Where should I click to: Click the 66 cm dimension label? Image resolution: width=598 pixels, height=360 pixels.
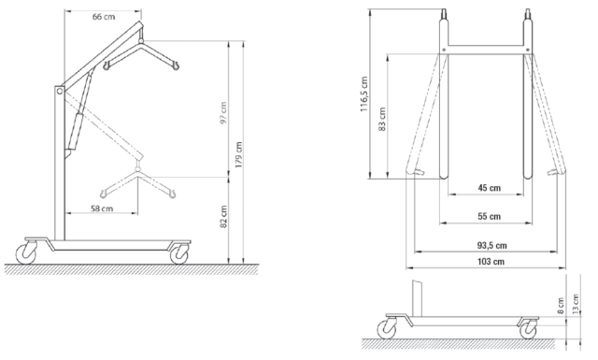(x=104, y=17)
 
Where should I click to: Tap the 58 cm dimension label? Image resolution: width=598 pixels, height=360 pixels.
(x=102, y=209)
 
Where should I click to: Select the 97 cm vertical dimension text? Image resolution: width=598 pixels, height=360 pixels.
(x=223, y=112)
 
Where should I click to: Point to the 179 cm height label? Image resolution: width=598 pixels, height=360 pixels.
(x=239, y=155)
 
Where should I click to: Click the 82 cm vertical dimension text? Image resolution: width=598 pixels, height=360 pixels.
(x=224, y=217)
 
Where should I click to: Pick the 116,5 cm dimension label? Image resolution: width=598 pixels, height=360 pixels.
(x=363, y=94)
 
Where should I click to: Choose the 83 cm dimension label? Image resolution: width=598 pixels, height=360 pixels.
(x=382, y=119)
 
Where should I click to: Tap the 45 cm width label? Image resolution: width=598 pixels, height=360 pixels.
(x=490, y=188)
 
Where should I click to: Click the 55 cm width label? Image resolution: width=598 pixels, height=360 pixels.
(x=490, y=216)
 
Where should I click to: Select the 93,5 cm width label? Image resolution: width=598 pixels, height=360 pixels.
(x=492, y=246)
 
